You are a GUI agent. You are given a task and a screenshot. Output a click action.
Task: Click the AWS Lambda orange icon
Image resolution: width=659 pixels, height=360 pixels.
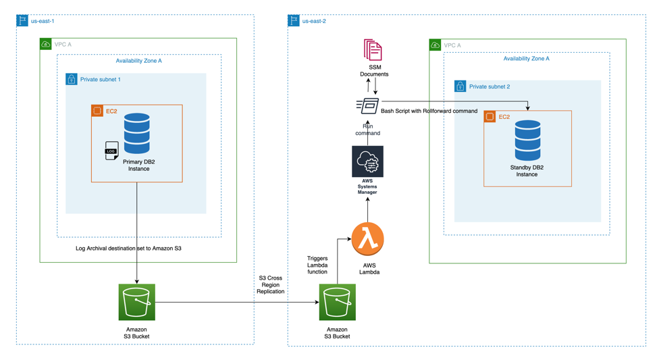[x=367, y=238]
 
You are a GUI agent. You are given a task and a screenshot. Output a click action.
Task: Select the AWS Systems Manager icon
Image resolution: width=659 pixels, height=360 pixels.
[x=367, y=162]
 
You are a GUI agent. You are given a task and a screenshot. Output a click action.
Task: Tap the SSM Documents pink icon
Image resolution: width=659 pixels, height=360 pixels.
[x=373, y=51]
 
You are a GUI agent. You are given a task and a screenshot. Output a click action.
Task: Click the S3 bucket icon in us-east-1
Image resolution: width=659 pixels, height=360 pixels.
[x=137, y=303]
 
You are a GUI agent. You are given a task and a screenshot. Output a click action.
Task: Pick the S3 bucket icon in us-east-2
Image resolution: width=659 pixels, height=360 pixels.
[x=337, y=303]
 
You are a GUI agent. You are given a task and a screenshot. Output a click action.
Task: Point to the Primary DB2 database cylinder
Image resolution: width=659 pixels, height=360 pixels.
[x=137, y=133]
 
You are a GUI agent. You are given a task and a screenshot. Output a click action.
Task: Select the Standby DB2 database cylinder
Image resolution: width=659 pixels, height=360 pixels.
[x=527, y=140]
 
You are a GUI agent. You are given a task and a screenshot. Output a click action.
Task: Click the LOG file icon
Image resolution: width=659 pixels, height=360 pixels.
[x=111, y=151]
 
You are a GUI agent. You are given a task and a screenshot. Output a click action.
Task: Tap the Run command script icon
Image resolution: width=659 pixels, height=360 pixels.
[x=368, y=105]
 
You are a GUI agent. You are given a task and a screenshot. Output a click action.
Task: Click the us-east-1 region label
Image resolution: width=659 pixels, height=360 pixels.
[x=43, y=21]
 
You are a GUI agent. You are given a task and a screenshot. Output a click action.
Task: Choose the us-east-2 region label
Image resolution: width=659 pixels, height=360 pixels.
[x=314, y=21]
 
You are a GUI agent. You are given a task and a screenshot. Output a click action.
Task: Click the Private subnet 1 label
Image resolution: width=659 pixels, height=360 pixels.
[x=100, y=80]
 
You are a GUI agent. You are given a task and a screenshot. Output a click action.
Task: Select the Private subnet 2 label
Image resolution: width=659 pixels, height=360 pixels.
[x=490, y=86]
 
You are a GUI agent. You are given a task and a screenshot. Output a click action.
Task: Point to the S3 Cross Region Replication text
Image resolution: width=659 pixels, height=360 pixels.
[x=271, y=284]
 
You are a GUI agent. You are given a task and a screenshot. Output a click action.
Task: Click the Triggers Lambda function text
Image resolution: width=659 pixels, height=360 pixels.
[x=317, y=265]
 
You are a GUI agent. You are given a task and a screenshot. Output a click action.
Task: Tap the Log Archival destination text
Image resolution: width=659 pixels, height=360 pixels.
[x=128, y=249]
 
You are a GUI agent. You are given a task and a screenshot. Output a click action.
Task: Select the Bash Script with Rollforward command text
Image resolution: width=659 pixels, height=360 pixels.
[x=429, y=111]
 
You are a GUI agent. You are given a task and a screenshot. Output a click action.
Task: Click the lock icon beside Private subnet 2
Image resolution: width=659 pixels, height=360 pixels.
[x=460, y=86]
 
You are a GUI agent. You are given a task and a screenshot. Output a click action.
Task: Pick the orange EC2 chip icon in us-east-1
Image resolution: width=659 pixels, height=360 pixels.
[x=97, y=111]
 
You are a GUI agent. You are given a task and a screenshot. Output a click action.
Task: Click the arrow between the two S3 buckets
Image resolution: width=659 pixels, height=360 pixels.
[x=236, y=303]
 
